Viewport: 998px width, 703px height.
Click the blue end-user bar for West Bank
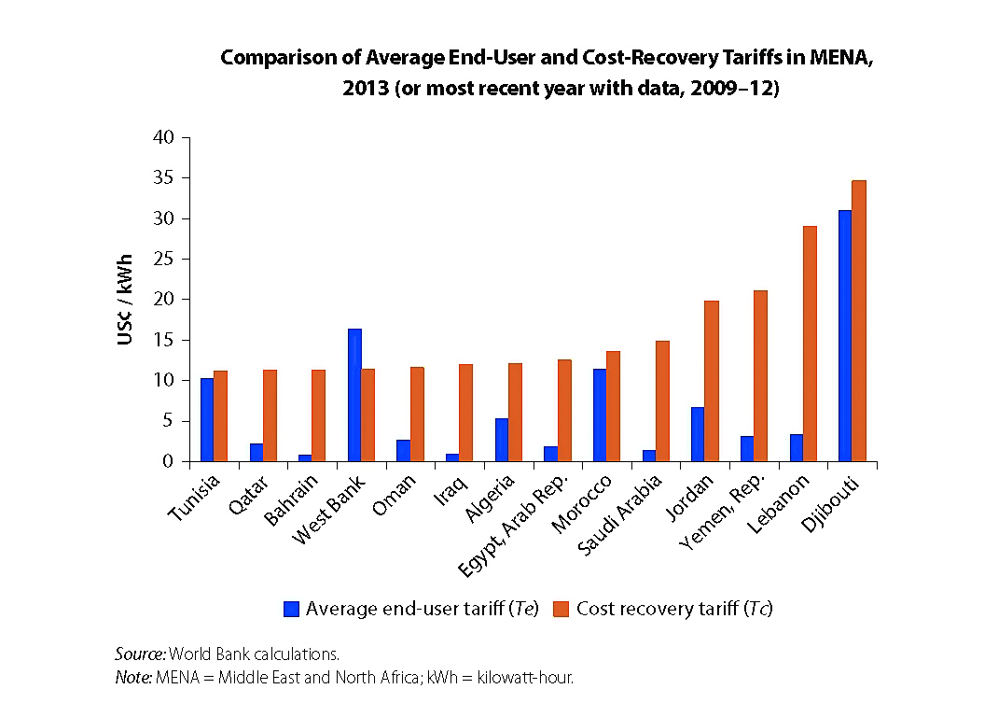tap(354, 395)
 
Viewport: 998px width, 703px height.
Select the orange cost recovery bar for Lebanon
tap(810, 344)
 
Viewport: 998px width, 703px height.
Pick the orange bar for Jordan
tap(712, 381)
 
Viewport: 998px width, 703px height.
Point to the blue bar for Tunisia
tap(207, 420)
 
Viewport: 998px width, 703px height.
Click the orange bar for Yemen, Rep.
tap(760, 376)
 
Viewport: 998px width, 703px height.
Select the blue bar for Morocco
tap(600, 415)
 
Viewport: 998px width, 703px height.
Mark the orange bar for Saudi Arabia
tap(662, 401)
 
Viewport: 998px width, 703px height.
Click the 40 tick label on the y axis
tap(163, 138)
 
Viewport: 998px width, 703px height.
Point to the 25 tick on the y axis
tap(163, 260)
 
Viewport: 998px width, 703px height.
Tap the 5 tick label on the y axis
tap(168, 421)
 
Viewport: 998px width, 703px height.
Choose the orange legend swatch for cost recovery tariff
tap(561, 609)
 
